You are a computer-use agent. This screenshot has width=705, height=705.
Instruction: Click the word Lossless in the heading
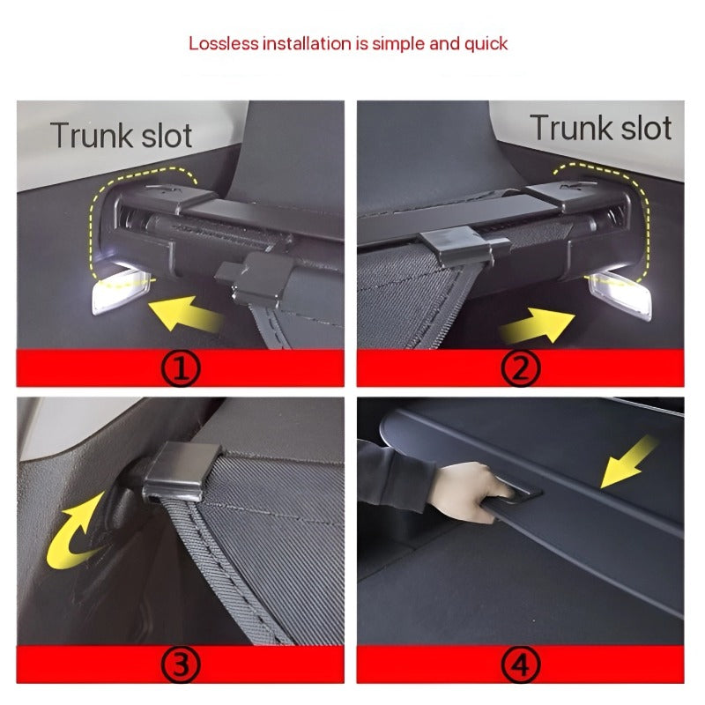pyautogui.click(x=224, y=43)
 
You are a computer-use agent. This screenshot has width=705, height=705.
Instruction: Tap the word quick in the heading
pyautogui.click(x=486, y=44)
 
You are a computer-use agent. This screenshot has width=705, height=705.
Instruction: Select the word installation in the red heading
pyautogui.click(x=307, y=43)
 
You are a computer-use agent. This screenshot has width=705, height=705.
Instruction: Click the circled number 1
pyautogui.click(x=180, y=368)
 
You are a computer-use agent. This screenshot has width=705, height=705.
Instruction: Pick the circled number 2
pyautogui.click(x=520, y=368)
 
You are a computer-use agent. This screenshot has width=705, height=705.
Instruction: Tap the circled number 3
pyautogui.click(x=180, y=664)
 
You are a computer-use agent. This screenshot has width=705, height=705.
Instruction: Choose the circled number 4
pyautogui.click(x=520, y=664)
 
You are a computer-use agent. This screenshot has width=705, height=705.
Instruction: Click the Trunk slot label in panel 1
pyautogui.click(x=121, y=135)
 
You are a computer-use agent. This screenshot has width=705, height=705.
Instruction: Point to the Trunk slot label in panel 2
pyautogui.click(x=601, y=128)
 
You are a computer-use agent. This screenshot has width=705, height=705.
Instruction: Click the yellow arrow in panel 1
pyautogui.click(x=185, y=313)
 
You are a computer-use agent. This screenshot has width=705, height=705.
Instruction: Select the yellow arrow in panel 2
pyautogui.click(x=538, y=324)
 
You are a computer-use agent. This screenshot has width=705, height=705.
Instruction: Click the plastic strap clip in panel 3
pyautogui.click(x=182, y=471)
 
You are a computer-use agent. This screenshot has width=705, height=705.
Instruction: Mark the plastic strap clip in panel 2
pyautogui.click(x=464, y=246)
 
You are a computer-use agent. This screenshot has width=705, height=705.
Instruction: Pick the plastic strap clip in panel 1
pyautogui.click(x=255, y=277)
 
